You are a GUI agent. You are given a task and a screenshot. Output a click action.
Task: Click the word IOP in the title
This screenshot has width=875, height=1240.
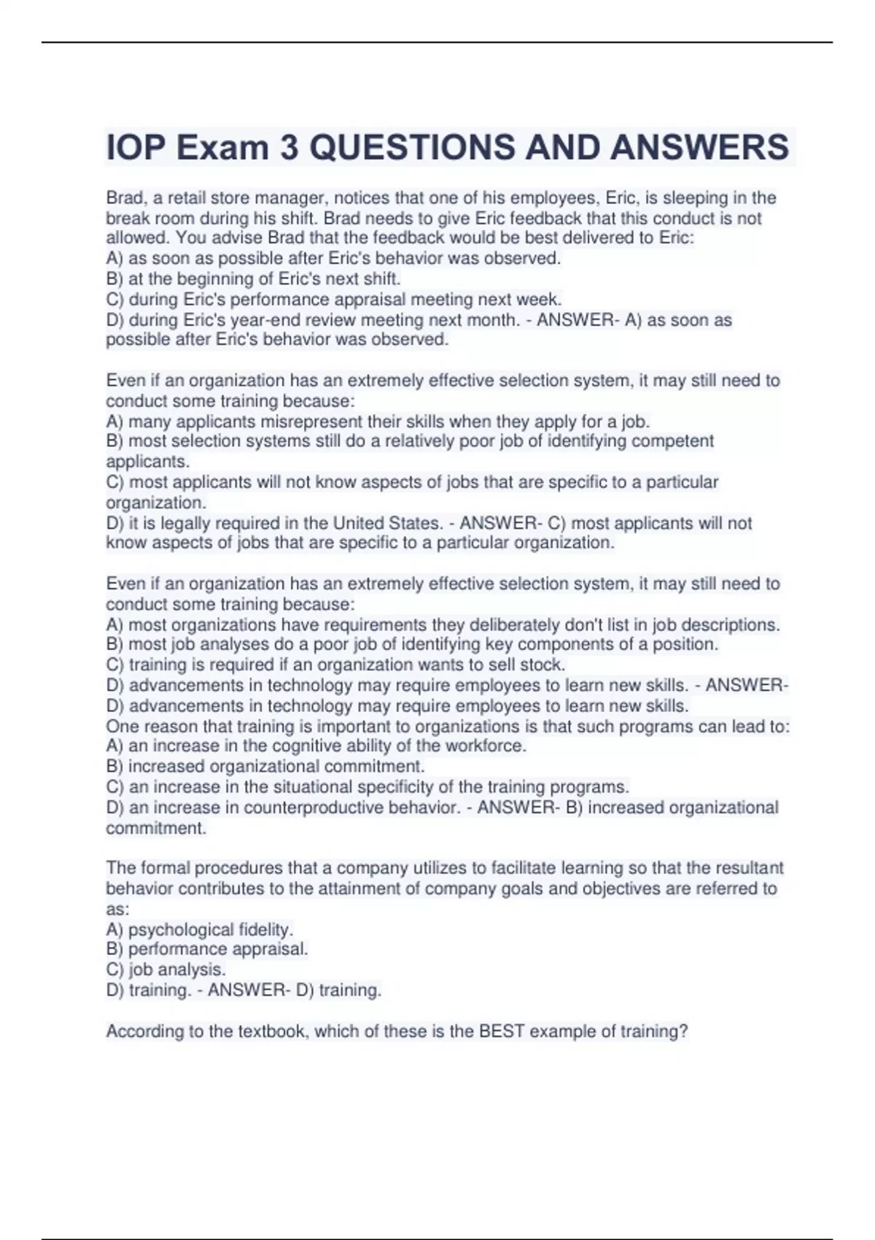(136, 147)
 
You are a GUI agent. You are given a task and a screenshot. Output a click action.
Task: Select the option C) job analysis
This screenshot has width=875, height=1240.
(166, 970)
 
